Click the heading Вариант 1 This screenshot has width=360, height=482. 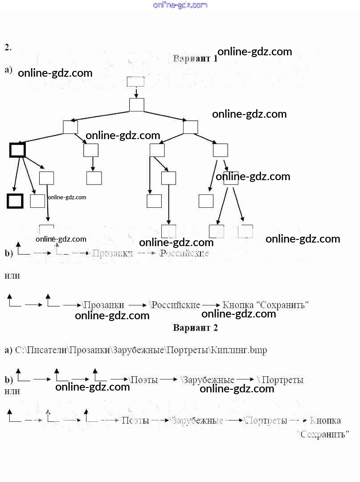(x=195, y=58)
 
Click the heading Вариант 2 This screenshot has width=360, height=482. (x=195, y=328)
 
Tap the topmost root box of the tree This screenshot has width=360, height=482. (x=135, y=82)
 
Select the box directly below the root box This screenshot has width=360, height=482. (x=137, y=105)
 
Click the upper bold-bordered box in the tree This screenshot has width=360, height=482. (x=17, y=150)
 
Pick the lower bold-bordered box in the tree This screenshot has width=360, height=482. (x=15, y=201)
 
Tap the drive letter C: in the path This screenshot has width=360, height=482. (x=19, y=350)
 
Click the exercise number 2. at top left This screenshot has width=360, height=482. (x=8, y=47)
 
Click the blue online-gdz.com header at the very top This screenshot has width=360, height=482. (x=180, y=5)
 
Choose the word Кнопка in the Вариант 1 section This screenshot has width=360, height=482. (x=238, y=305)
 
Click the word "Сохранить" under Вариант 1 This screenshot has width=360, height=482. (x=282, y=305)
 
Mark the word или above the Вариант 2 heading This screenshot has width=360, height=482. (x=12, y=276)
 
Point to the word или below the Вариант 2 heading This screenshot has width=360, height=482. (x=12, y=391)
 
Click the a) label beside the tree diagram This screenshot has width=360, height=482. (x=8, y=70)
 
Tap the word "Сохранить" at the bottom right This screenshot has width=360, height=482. (x=323, y=434)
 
